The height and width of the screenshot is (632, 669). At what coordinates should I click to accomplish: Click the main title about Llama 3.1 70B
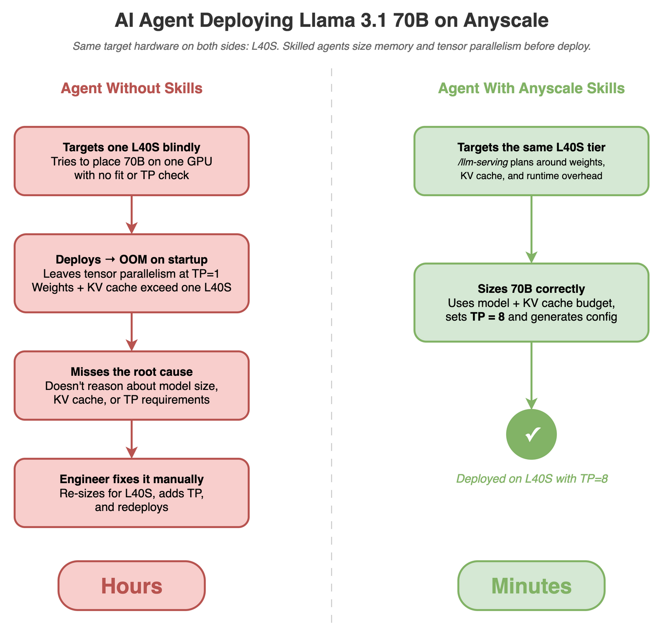(x=332, y=20)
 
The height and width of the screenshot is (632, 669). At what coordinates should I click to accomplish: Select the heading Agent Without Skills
(x=132, y=88)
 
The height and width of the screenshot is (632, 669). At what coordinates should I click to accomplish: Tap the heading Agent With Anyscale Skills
(x=531, y=88)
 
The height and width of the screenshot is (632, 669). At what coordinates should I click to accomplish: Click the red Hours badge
(x=132, y=586)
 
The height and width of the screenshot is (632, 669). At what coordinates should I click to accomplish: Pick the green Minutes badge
(x=531, y=586)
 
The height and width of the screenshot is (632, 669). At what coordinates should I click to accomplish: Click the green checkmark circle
(x=531, y=434)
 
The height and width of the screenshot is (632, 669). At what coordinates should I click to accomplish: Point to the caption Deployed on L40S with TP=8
(x=531, y=479)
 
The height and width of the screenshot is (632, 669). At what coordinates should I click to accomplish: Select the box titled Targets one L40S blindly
(x=132, y=161)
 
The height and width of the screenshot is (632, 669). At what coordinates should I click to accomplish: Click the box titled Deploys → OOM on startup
(x=132, y=273)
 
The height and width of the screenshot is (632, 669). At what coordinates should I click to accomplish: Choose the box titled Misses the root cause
(x=132, y=386)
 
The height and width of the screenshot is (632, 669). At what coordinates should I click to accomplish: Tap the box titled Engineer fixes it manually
(x=132, y=493)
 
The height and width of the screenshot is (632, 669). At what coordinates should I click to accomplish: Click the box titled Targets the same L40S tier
(x=531, y=161)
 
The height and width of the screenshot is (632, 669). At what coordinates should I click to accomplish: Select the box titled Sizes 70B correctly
(x=531, y=303)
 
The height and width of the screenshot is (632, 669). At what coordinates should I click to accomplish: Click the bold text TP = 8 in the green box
(x=487, y=317)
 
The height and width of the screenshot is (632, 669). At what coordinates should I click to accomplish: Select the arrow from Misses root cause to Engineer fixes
(x=132, y=438)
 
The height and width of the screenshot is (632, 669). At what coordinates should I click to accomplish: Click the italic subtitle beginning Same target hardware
(x=332, y=47)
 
